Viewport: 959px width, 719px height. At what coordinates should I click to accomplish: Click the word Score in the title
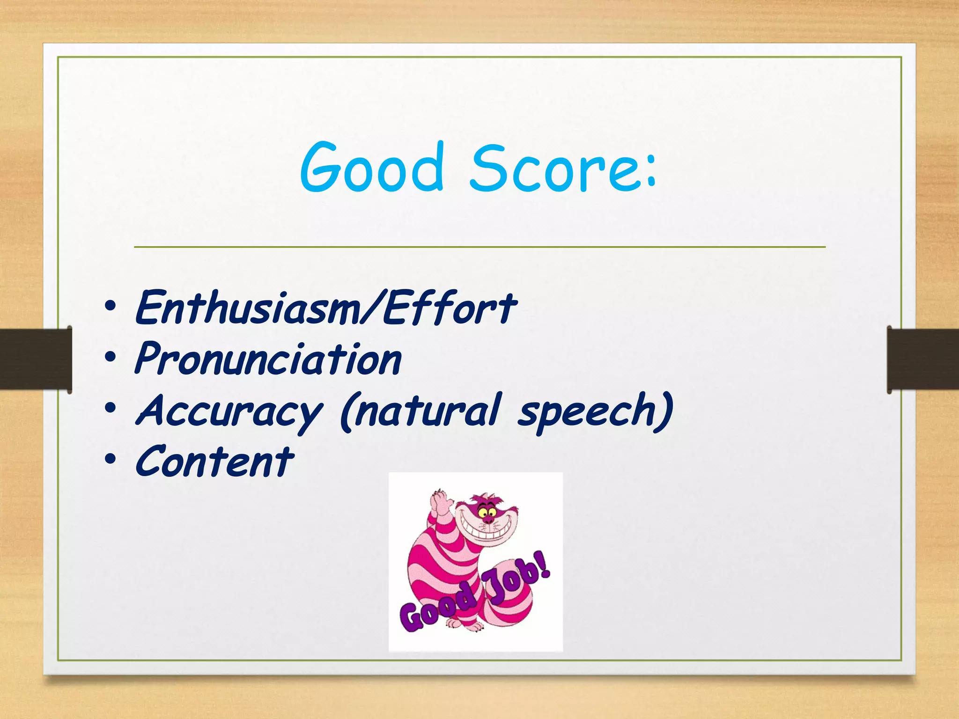click(553, 169)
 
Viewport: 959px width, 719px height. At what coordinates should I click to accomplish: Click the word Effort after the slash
click(450, 308)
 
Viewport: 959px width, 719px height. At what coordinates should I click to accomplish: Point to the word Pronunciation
click(268, 359)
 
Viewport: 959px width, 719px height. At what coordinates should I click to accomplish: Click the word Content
click(214, 462)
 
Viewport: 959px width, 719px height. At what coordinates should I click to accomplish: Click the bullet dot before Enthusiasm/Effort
click(111, 307)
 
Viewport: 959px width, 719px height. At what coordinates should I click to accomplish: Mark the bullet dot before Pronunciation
click(111, 358)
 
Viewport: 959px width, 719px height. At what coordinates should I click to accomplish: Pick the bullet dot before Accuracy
click(111, 409)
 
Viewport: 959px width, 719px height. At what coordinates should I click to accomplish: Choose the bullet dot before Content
click(111, 460)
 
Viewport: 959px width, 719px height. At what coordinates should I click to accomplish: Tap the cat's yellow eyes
click(487, 514)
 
